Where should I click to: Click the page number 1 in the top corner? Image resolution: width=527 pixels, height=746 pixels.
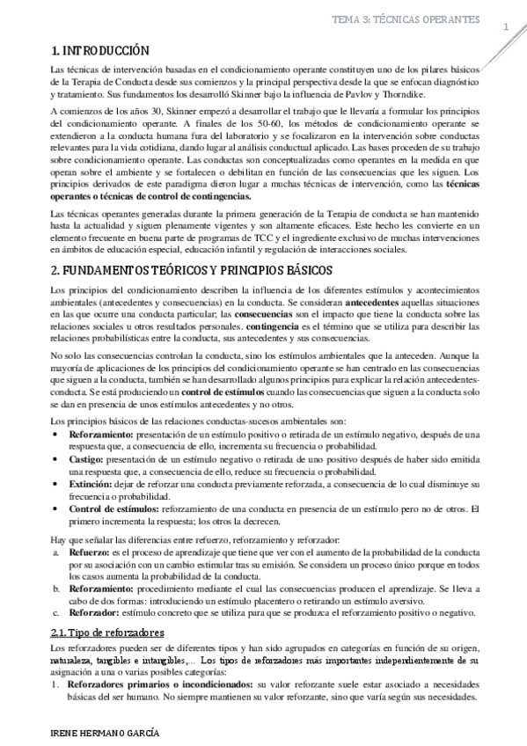point(506,28)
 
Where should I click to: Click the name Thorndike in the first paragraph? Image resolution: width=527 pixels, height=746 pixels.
point(428,92)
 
